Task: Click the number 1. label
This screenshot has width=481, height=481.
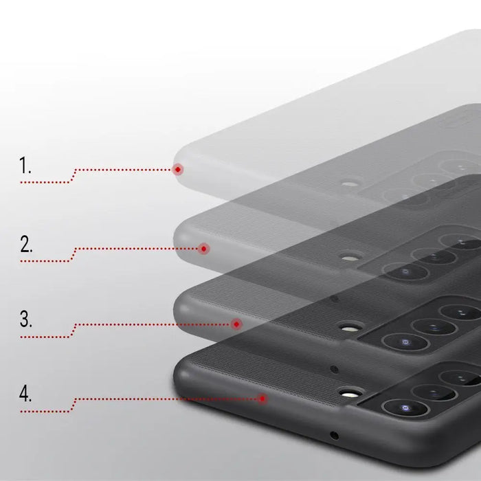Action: [x=25, y=166]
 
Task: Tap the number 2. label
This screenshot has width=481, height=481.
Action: [x=26, y=244]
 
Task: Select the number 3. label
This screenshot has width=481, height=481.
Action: [x=26, y=319]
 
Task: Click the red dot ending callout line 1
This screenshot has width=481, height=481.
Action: [x=178, y=169]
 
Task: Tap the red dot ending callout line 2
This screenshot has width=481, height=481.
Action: [x=203, y=249]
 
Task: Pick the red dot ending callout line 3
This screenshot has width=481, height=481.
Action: [x=237, y=324]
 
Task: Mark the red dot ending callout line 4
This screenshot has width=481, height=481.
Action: [x=263, y=397]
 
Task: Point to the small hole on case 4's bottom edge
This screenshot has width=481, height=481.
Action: [x=335, y=436]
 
